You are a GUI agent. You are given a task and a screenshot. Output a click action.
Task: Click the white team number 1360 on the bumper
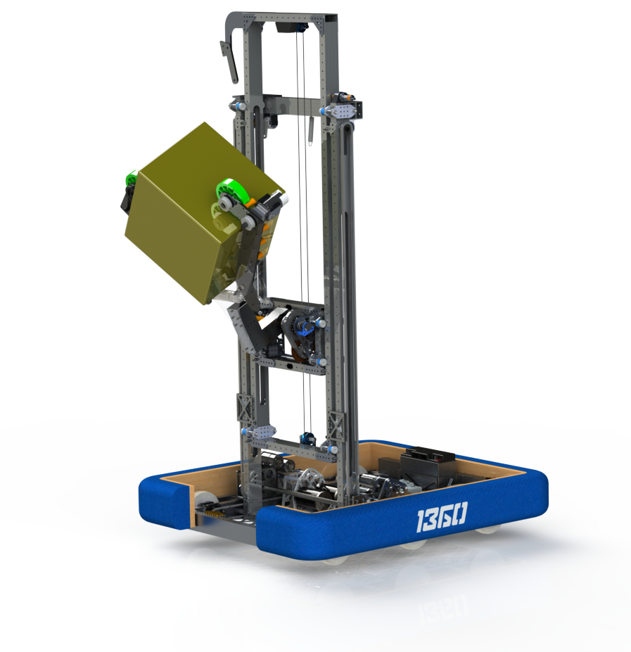pyautogui.click(x=440, y=518)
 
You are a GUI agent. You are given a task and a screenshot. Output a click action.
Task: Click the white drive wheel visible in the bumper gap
pyautogui.click(x=204, y=504)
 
